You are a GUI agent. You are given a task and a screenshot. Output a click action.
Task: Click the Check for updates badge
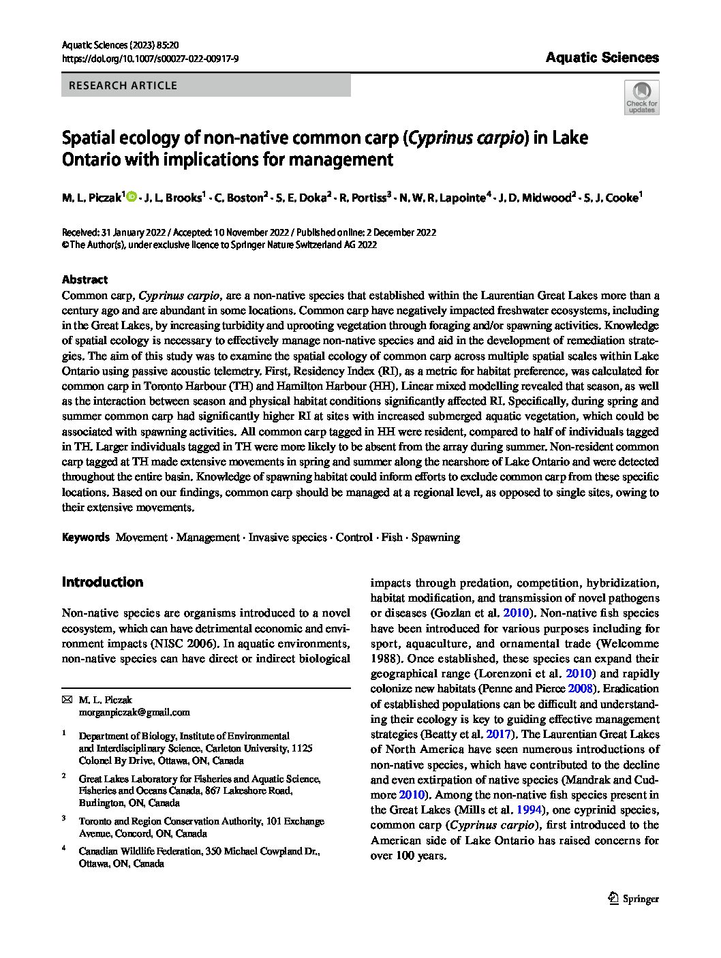[641, 97]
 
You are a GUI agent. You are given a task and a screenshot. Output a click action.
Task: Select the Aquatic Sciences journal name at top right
[602, 57]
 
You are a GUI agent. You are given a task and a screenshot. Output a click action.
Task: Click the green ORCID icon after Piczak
[132, 198]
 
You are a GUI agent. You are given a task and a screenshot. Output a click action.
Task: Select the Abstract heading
[85, 279]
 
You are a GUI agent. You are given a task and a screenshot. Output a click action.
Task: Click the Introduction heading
[102, 582]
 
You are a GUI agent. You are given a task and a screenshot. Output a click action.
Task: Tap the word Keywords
[85, 537]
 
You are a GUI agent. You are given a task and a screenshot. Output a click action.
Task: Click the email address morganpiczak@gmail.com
[134, 712]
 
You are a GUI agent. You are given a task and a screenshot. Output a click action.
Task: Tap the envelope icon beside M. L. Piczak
[66, 700]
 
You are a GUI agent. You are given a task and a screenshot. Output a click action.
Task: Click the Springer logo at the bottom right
[633, 898]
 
